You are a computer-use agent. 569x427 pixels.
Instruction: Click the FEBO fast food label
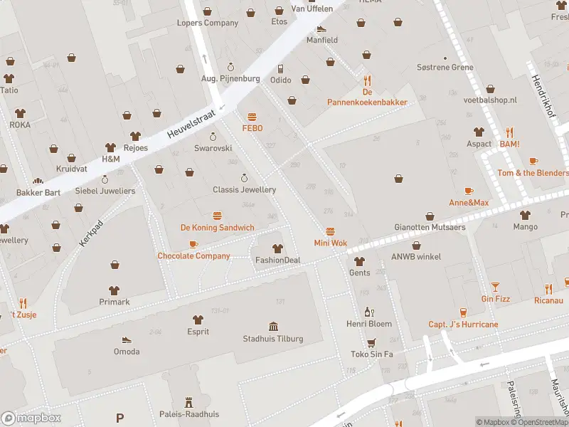[x=252, y=128]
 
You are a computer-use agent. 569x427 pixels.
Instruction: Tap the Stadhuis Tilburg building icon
[x=273, y=326]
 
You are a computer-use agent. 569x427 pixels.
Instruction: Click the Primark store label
[x=114, y=302]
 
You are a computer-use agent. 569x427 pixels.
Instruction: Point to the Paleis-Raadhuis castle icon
[x=189, y=402]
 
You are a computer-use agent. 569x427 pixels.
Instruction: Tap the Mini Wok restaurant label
[x=330, y=243]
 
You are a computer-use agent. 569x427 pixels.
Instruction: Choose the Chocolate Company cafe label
[x=193, y=255]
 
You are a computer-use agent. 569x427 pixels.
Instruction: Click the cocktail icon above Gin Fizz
[x=495, y=287]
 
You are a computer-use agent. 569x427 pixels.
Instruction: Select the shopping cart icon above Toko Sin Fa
[x=371, y=342]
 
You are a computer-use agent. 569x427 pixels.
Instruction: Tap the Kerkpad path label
[x=87, y=233]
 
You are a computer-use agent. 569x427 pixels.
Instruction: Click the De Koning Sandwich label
[x=217, y=228]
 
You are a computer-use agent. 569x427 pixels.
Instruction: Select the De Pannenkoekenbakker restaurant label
[x=367, y=102]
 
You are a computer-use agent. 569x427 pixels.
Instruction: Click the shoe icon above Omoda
[x=127, y=339]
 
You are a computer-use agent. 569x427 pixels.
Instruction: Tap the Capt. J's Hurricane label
[x=463, y=324]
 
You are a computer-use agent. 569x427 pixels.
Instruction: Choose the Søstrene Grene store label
[x=445, y=68]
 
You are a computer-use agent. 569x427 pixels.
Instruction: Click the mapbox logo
[x=31, y=418]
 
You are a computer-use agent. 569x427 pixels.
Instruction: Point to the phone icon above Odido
[x=281, y=68]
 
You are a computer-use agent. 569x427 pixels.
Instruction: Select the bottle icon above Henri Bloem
[x=369, y=312]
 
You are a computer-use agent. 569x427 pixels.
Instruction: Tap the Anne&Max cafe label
[x=469, y=203]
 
